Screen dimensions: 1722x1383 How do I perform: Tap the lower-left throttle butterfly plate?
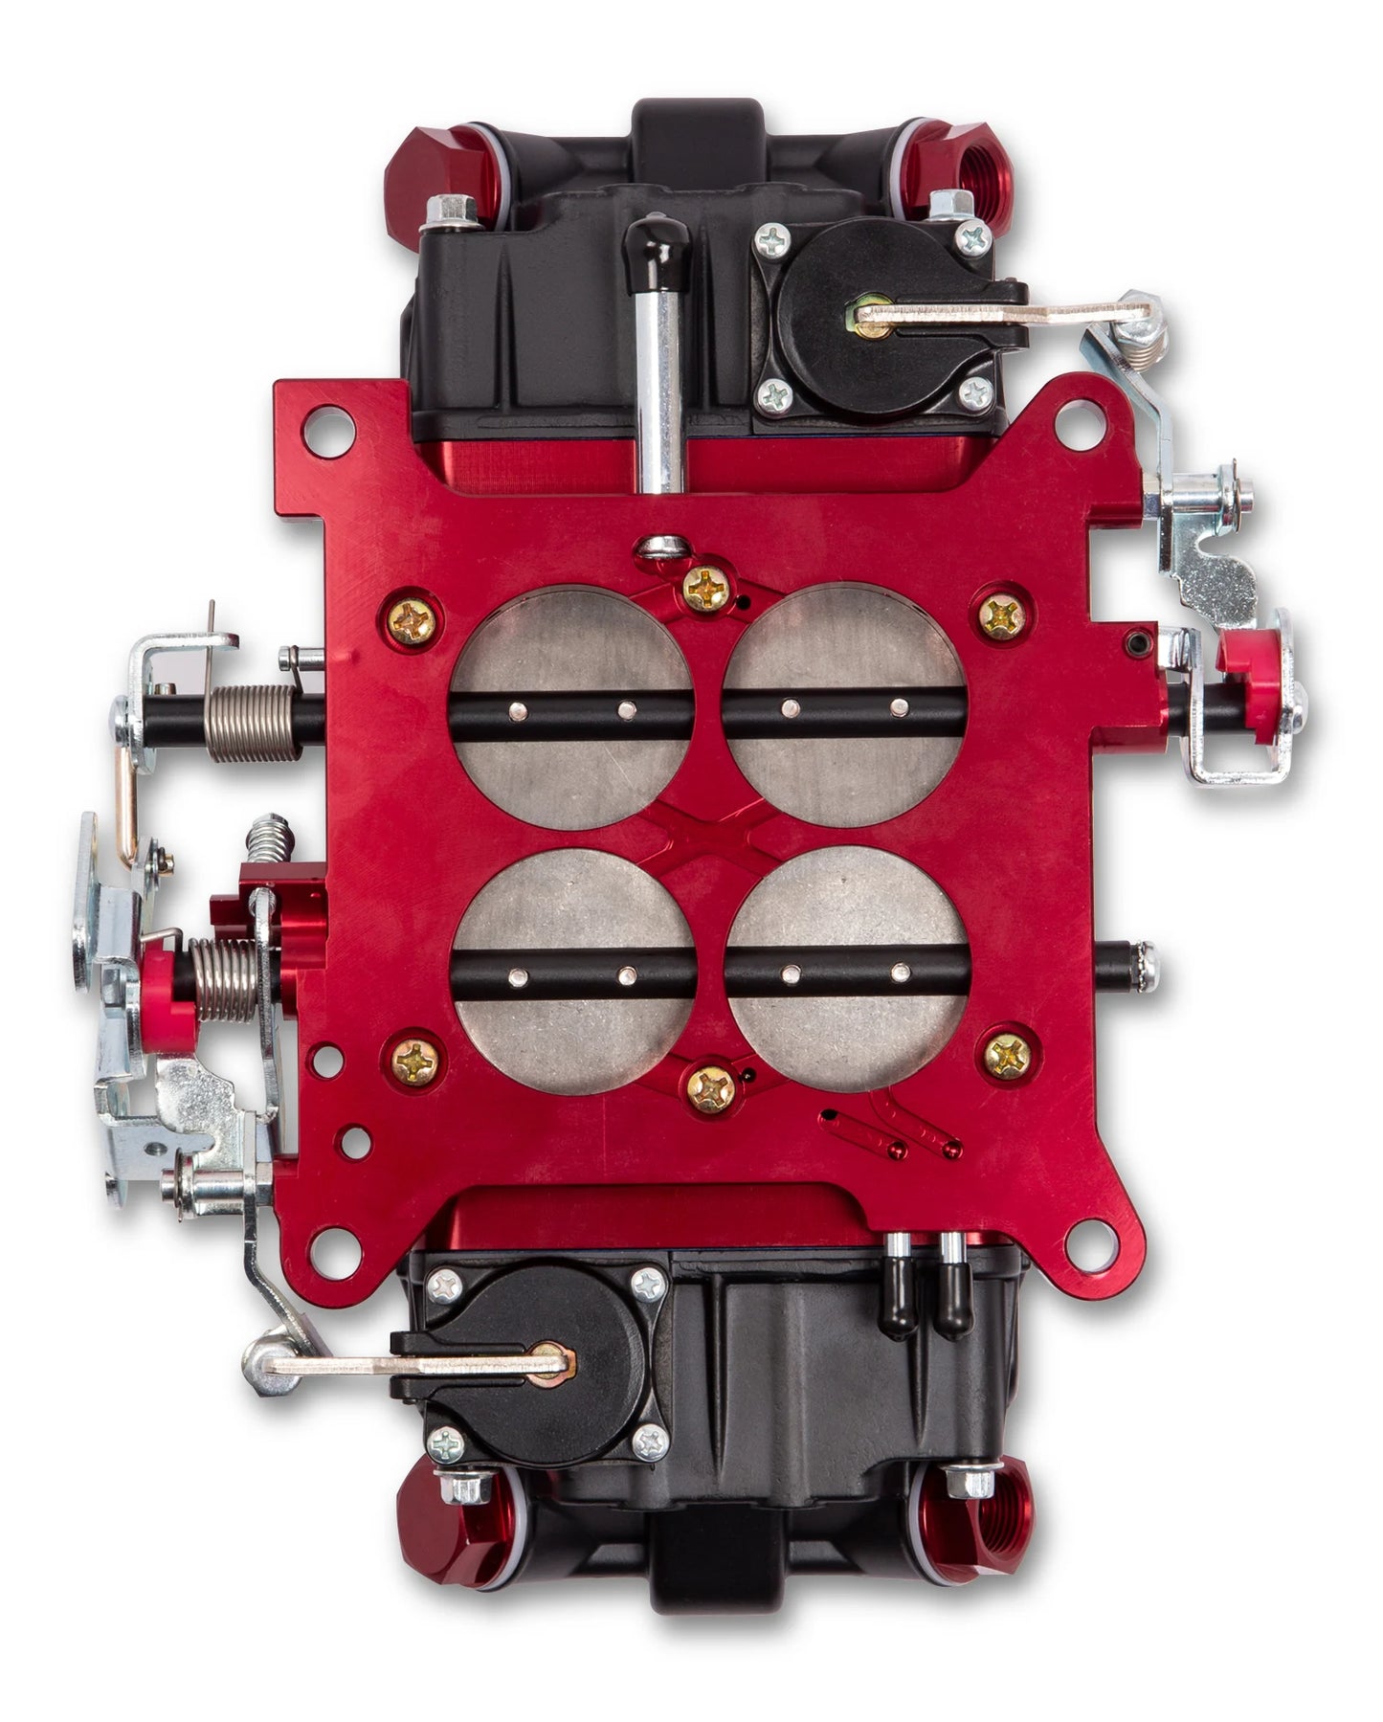[x=574, y=1024]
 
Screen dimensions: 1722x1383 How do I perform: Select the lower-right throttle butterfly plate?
[x=848, y=1024]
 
